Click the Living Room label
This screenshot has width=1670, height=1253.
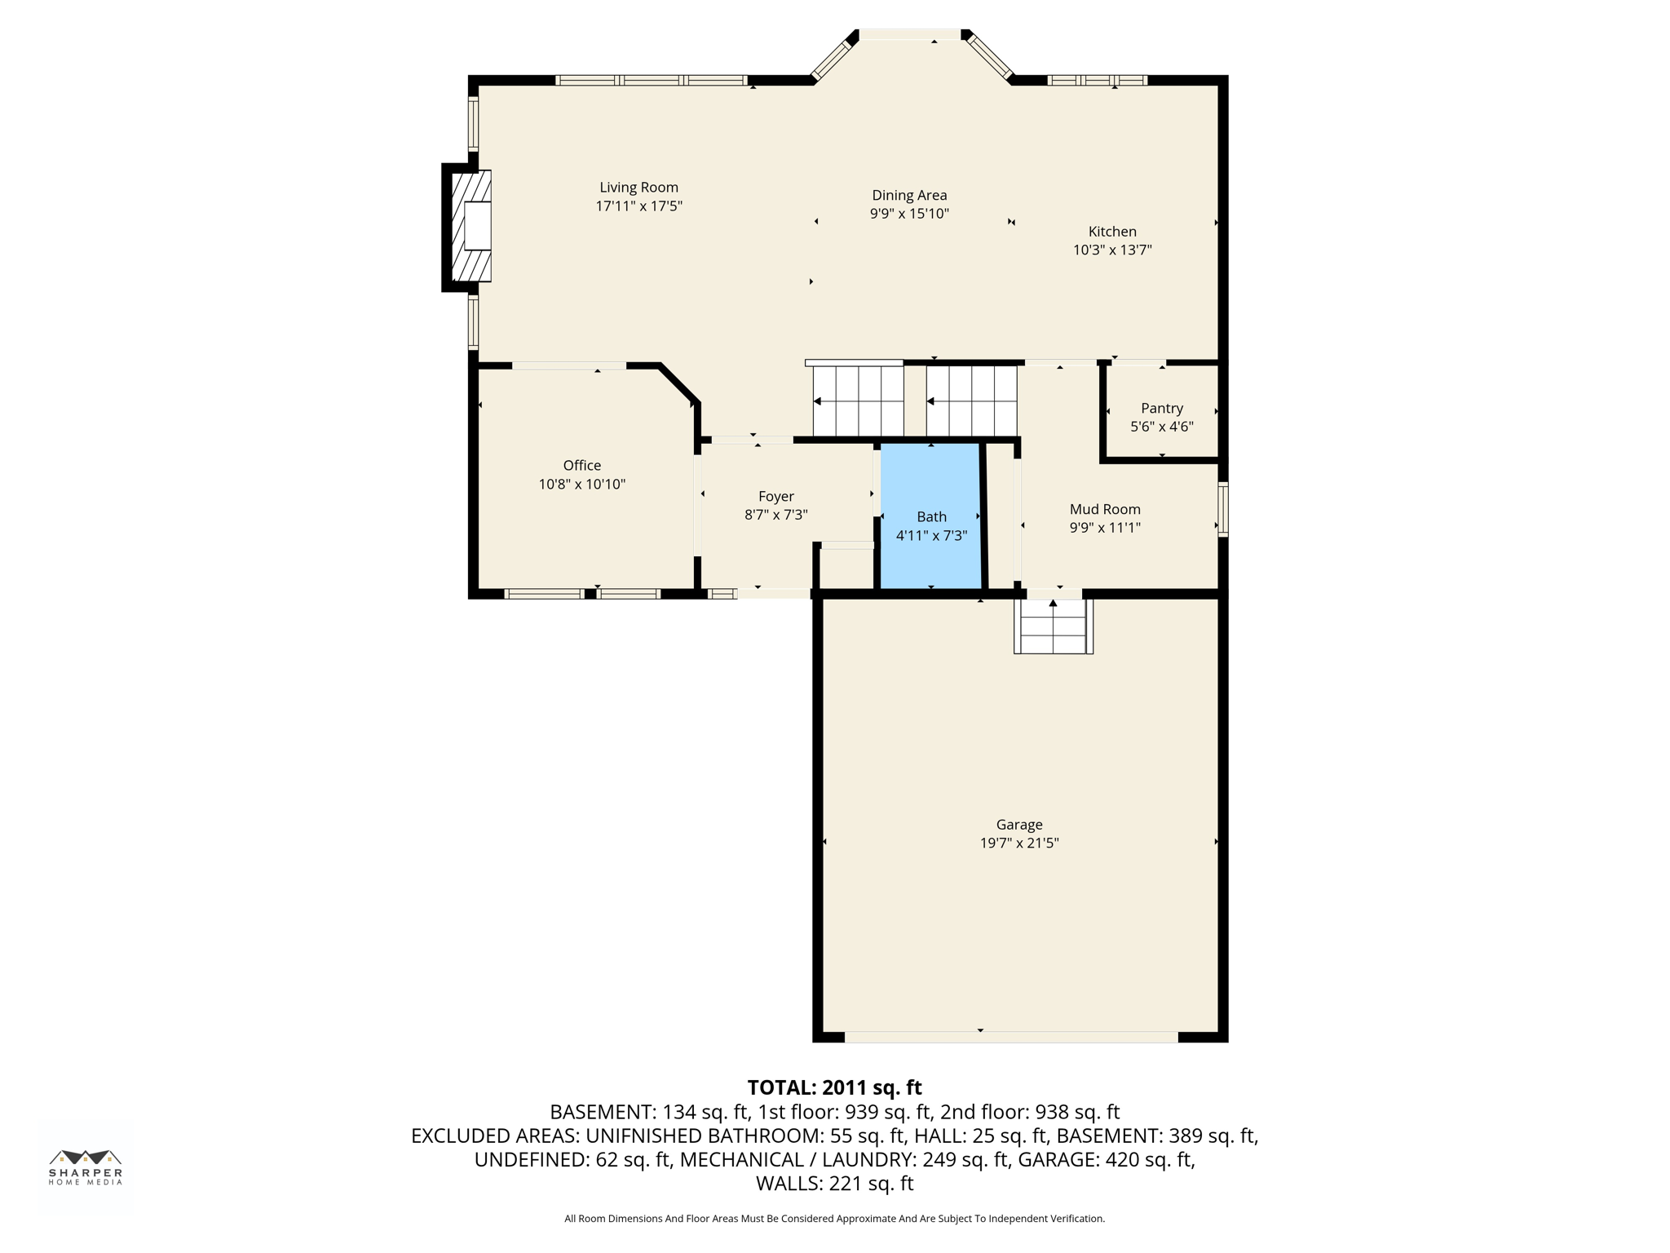click(638, 188)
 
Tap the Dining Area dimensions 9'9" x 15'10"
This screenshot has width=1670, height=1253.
click(908, 214)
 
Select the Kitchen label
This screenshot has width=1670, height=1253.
click(1111, 232)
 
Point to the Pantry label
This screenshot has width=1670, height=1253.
click(1161, 408)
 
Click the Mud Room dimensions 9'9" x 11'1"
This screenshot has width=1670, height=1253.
click(1104, 528)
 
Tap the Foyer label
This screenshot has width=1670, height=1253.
click(775, 496)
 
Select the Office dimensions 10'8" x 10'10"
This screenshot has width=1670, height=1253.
click(581, 484)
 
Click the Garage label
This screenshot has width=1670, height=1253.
click(1018, 825)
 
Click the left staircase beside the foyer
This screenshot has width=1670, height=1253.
click(858, 401)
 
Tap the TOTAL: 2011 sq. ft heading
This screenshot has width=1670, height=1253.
click(834, 1087)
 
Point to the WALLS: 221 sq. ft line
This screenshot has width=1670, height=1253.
click(834, 1183)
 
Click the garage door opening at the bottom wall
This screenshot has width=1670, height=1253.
click(1010, 1037)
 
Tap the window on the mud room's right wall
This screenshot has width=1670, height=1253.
click(1222, 509)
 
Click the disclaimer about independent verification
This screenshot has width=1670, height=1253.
click(834, 1219)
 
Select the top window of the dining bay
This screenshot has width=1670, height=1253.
click(910, 35)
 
